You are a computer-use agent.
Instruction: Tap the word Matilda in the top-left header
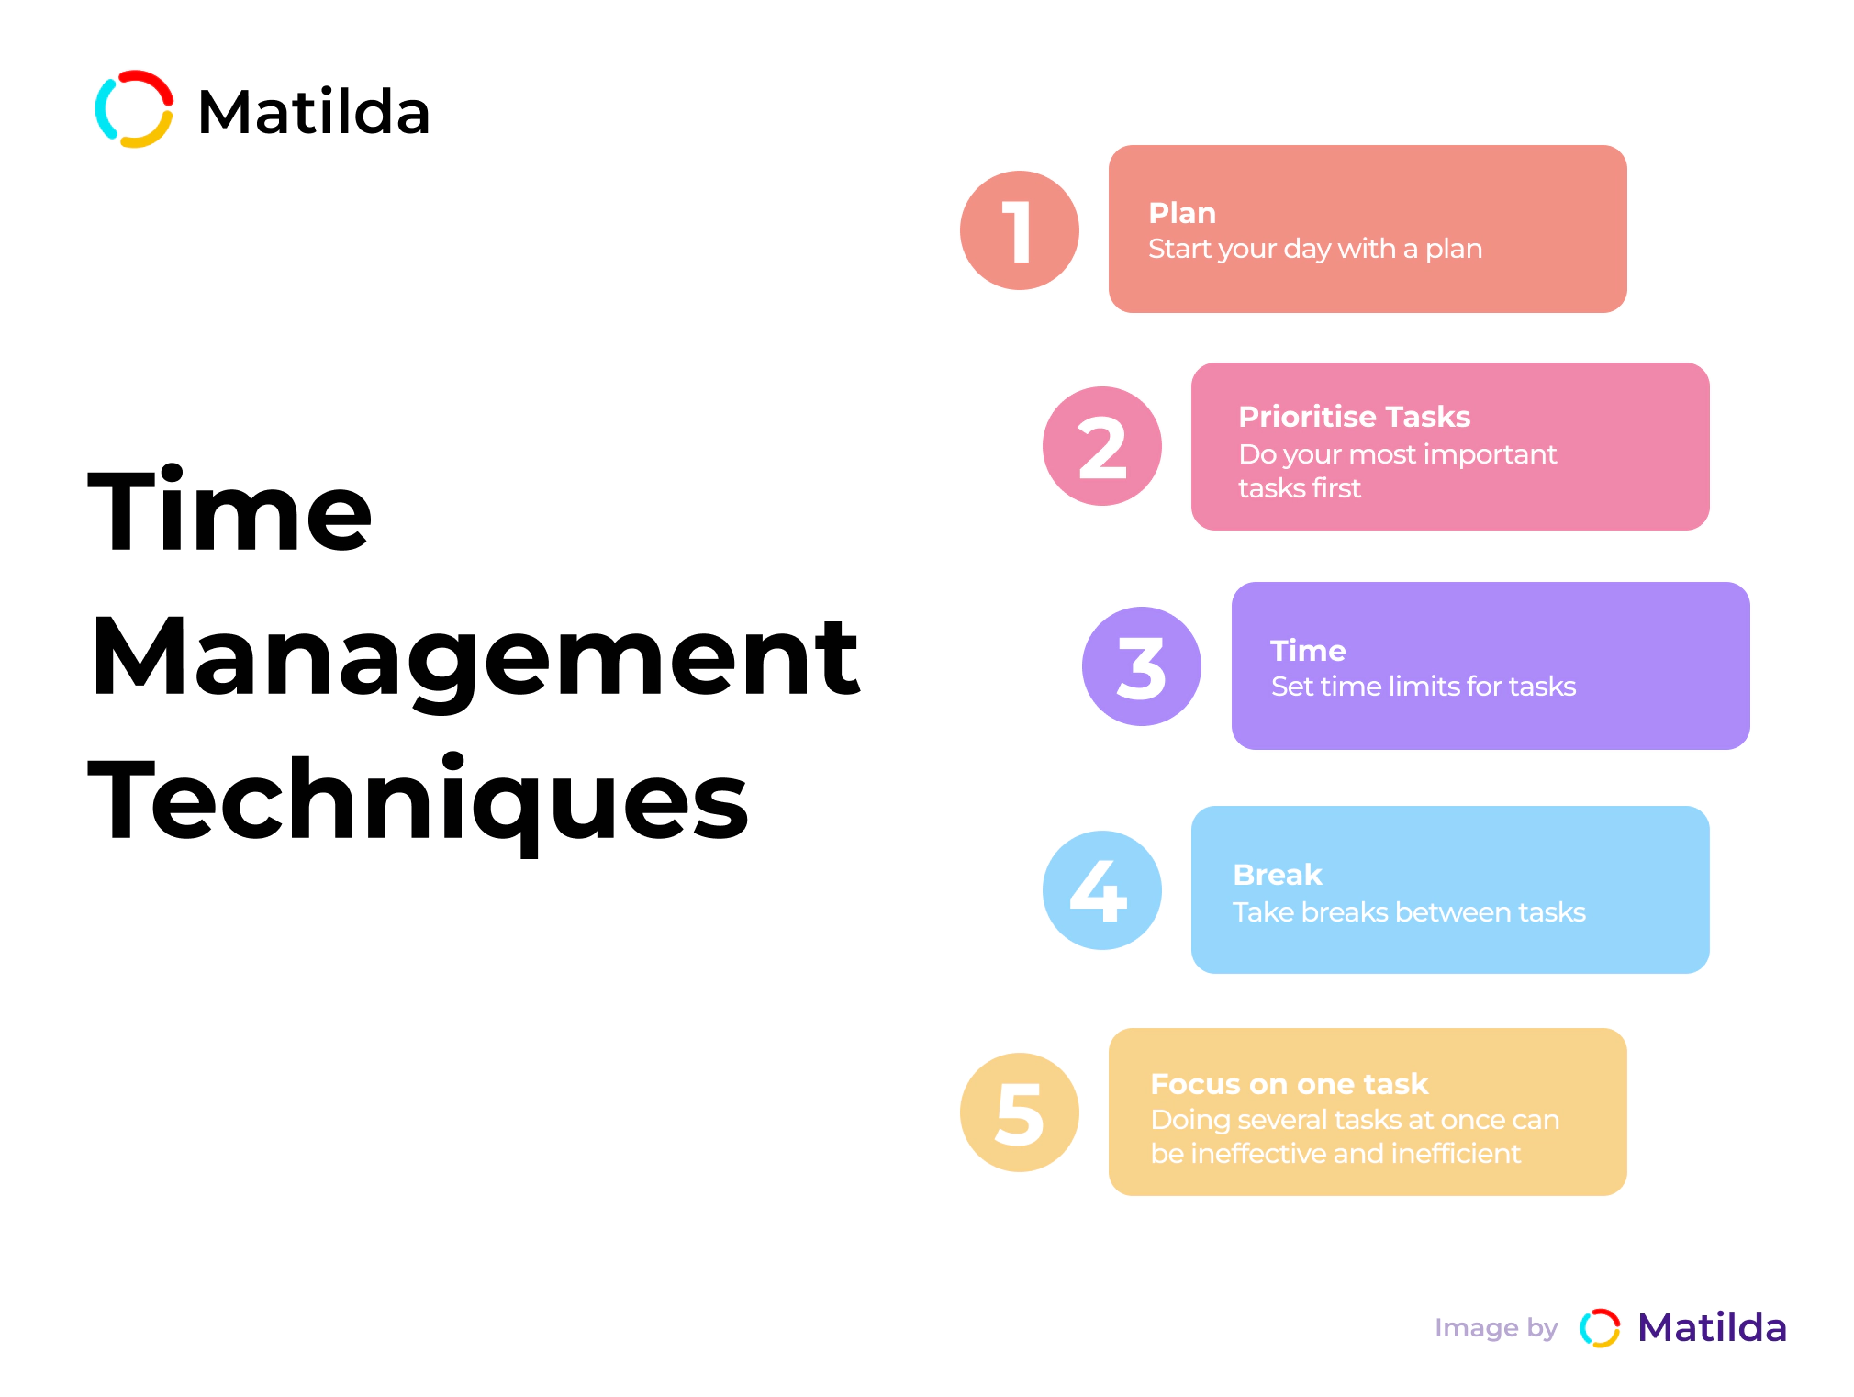[314, 112]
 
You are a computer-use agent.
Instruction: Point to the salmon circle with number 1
[1019, 230]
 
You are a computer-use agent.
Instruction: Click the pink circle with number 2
[1101, 446]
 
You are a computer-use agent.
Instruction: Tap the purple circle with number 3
[1142, 666]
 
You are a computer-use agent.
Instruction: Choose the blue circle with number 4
[1101, 890]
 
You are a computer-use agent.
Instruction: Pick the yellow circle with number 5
[1019, 1112]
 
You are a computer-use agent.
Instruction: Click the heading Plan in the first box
[1182, 213]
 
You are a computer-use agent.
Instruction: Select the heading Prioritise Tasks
[1354, 417]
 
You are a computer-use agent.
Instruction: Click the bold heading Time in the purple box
[1308, 651]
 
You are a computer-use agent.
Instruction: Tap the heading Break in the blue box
[1278, 875]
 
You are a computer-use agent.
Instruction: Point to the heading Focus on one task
[1290, 1084]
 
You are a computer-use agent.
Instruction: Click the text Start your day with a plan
[1315, 249]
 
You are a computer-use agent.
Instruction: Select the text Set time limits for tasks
[1424, 687]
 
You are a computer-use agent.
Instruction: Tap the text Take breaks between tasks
[1409, 912]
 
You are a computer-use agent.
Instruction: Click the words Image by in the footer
[1496, 1328]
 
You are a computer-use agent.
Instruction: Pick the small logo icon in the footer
[1600, 1328]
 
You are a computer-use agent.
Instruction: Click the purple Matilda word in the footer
[1712, 1327]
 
